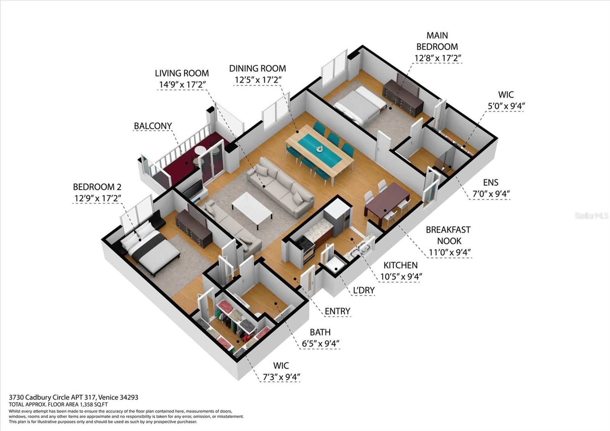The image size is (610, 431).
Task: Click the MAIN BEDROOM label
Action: [x=437, y=41]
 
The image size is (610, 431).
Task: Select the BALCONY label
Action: [x=152, y=126]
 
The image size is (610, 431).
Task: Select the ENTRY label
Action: [x=337, y=311]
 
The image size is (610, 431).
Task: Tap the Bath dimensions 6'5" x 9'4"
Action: [x=320, y=344]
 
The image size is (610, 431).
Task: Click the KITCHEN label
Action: [x=400, y=265]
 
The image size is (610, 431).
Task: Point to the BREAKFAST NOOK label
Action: [x=448, y=235]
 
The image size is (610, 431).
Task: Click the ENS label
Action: [x=491, y=183]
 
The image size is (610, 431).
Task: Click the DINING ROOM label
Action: [x=257, y=69]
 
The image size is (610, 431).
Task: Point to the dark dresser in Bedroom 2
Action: [x=194, y=228]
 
